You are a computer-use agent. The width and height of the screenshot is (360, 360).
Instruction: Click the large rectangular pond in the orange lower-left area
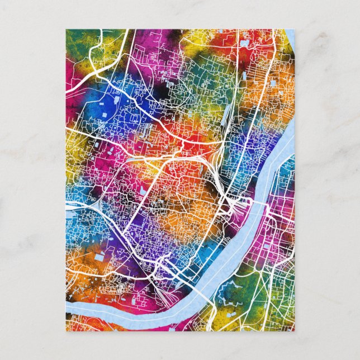pyautogui.click(x=101, y=258)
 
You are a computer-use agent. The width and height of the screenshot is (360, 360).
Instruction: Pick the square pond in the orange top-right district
pyautogui.click(x=272, y=83)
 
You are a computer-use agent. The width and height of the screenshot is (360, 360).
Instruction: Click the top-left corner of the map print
pyautogui.click(x=66, y=30)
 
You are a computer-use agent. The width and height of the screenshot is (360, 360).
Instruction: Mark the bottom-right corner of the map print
pyautogui.click(x=294, y=330)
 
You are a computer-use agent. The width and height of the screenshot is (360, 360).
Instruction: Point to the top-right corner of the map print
pyautogui.click(x=294, y=30)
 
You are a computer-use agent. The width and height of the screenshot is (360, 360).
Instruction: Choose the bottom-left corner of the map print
pyautogui.click(x=66, y=330)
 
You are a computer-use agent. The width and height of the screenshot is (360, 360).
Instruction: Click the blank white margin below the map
pyautogui.click(x=180, y=344)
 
